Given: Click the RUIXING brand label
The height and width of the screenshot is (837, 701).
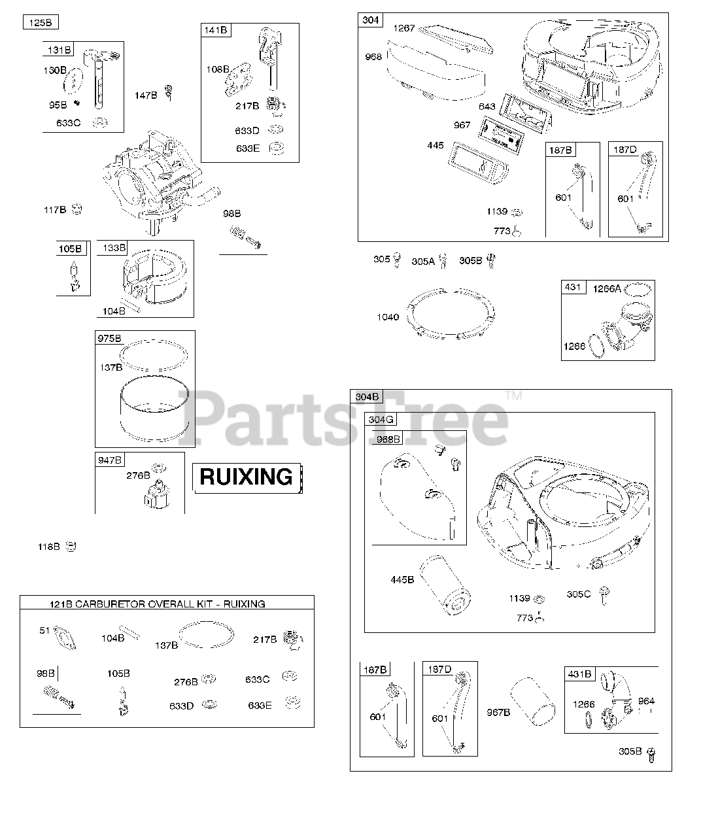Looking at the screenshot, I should pos(246,477).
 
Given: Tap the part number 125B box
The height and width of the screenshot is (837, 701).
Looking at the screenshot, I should pos(40,23).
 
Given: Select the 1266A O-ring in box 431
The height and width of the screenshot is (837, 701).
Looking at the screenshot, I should pos(638,288).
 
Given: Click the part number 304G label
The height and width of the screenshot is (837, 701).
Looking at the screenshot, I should pos(381,420).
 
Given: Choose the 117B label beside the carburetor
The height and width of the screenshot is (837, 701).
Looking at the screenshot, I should pos(55,210).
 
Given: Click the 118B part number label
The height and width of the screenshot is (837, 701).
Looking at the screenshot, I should pos(48,547).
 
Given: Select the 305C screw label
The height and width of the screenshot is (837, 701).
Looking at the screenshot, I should pos(578,594).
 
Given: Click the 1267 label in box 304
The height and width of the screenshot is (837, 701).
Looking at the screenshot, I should pos(403,28).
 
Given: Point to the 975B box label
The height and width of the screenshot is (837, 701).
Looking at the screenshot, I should pos(109,339).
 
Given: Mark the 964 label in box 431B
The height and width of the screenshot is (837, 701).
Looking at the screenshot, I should pos(645,701).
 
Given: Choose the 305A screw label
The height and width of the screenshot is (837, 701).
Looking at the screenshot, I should pos(422,262).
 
